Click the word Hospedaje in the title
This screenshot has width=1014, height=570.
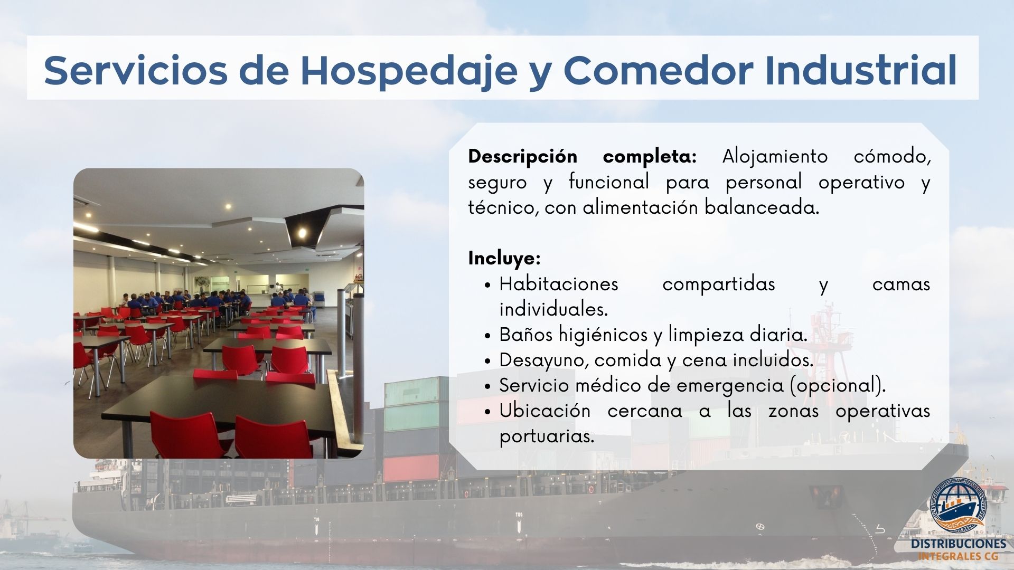[x=409, y=71]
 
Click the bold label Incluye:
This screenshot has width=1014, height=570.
[x=504, y=259]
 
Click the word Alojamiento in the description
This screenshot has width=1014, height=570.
[x=775, y=157]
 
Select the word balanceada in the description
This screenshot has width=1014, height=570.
[x=762, y=207]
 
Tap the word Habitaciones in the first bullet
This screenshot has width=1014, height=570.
[x=559, y=284]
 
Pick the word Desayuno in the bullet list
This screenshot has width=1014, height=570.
[x=544, y=360]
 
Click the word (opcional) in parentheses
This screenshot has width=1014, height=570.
[x=837, y=386]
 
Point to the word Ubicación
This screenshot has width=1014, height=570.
[x=545, y=411]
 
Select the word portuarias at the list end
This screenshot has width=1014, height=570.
[x=547, y=436]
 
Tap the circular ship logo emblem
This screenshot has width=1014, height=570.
[x=958, y=506]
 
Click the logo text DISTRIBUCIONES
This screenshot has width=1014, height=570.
[x=959, y=544]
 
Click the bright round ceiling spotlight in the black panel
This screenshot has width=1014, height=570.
[x=302, y=231]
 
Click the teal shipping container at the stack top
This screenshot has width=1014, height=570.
[x=411, y=391]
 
